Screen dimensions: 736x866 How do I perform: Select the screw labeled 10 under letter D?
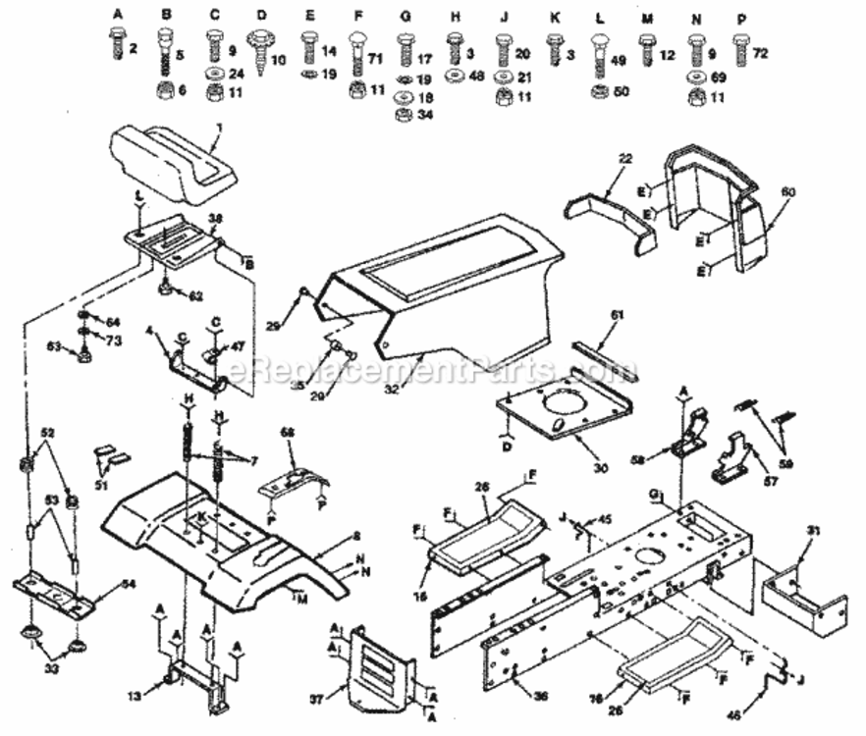click(x=262, y=55)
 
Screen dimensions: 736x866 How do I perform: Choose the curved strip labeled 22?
click(x=609, y=210)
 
